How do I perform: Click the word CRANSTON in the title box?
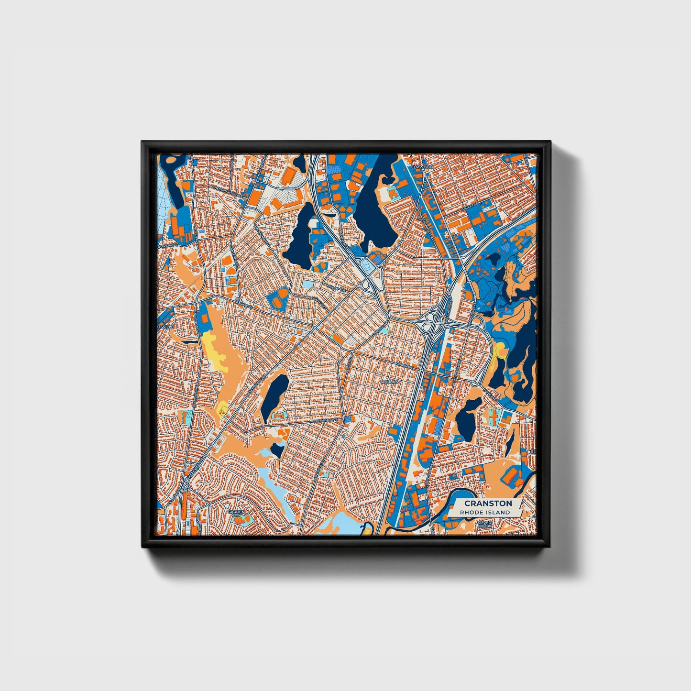[x=488, y=503]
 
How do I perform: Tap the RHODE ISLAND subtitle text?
[x=484, y=512]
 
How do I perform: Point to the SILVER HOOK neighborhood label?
[x=484, y=525]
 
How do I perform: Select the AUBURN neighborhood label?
[x=390, y=383]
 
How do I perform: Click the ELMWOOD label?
[x=421, y=167]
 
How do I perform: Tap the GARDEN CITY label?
[x=236, y=514]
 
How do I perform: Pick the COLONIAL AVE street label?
[x=327, y=421]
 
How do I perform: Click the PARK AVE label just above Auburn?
[x=406, y=366]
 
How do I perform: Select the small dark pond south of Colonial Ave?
[x=277, y=450]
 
